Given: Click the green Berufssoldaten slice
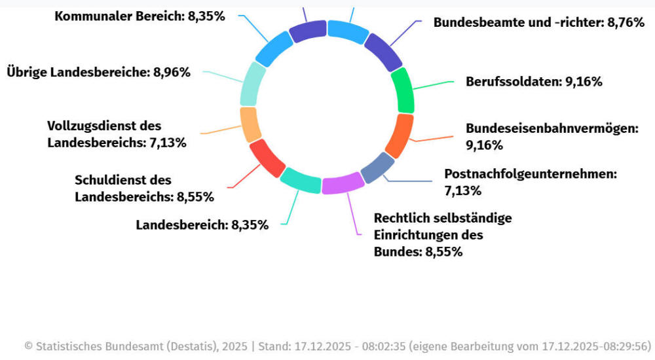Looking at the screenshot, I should [x=402, y=91].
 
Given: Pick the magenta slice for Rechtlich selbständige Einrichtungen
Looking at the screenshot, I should [x=343, y=184].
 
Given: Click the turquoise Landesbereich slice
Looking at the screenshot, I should [x=300, y=179].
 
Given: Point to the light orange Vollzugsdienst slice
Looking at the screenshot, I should [x=250, y=124].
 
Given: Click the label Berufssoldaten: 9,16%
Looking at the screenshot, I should [x=534, y=82].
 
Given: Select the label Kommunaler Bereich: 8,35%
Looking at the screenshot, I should [x=140, y=16].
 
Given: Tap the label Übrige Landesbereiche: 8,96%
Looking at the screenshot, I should [x=98, y=72].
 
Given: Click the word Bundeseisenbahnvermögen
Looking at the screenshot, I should [x=552, y=128].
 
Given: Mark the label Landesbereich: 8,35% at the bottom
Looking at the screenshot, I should [x=202, y=225].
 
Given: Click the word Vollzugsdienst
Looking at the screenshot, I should [x=95, y=126].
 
